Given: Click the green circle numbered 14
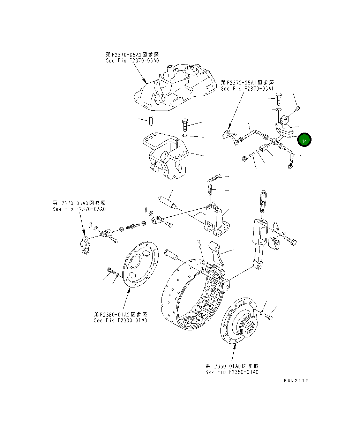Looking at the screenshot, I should pyautogui.click(x=304, y=141).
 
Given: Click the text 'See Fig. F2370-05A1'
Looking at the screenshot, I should pyautogui.click(x=247, y=89).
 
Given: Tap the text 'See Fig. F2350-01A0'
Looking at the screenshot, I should pyautogui.click(x=232, y=372).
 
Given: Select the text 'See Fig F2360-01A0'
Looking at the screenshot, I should pyautogui.click(x=120, y=320).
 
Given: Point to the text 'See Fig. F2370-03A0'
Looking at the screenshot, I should pyautogui.click(x=79, y=209).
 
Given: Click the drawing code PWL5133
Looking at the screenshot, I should pyautogui.click(x=296, y=381).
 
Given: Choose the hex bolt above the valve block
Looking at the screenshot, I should pyautogui.click(x=279, y=98).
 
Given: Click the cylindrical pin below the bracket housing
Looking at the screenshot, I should pyautogui.click(x=167, y=202).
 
